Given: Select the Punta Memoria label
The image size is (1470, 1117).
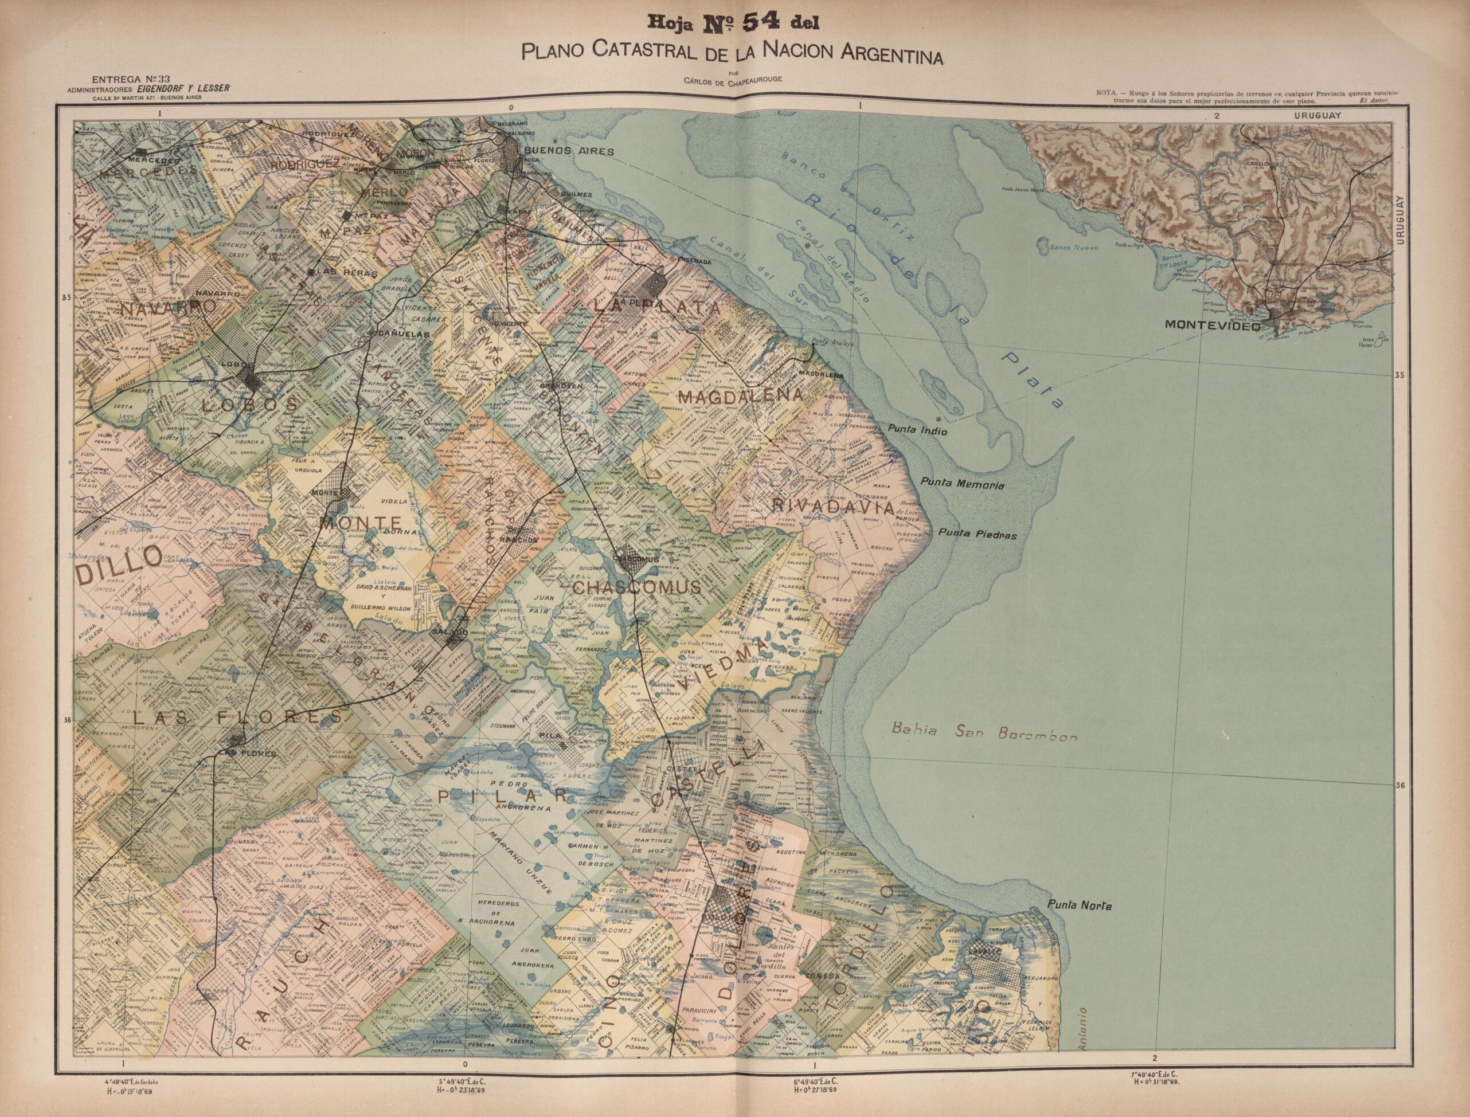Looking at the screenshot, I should (x=962, y=485).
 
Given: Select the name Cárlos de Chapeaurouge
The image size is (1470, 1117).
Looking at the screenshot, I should (x=731, y=81).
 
